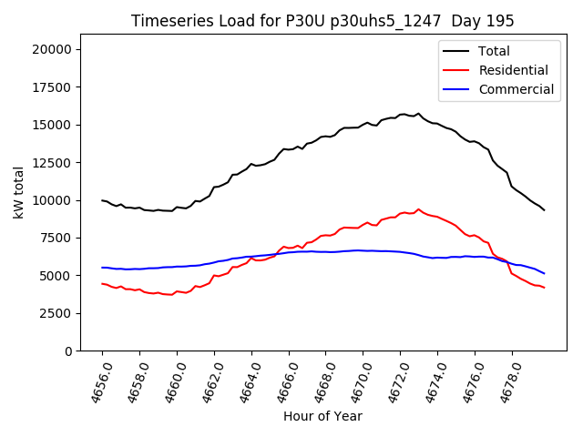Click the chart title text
322,21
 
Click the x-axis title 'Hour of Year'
322,416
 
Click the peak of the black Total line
418,114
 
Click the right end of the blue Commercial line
545,273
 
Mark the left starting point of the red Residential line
102,283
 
